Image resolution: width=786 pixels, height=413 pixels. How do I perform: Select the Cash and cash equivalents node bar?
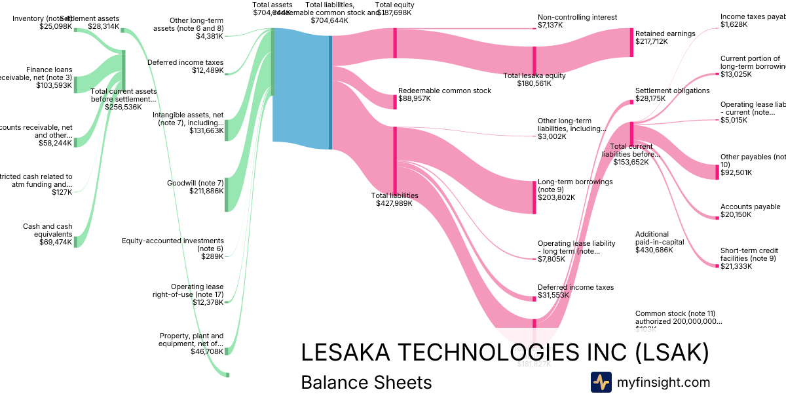(75, 234)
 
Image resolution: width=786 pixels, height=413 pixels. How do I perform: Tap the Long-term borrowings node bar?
(534, 197)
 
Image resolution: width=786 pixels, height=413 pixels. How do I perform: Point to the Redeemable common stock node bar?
(395, 102)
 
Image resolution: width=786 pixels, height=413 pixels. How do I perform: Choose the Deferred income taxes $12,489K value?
(208, 71)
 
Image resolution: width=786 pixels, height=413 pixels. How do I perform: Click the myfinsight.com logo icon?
(601, 382)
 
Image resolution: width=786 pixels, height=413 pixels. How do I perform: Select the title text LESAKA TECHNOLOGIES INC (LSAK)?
(504, 353)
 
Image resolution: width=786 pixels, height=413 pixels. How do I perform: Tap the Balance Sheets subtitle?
(366, 382)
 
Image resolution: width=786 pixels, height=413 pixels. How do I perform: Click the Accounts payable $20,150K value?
(736, 214)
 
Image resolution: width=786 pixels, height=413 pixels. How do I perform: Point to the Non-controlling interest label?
(577, 17)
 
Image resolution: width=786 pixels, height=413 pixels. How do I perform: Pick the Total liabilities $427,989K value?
(394, 203)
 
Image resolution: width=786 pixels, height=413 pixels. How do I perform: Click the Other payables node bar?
(717, 172)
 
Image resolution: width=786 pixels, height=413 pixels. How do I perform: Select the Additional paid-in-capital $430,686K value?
(654, 250)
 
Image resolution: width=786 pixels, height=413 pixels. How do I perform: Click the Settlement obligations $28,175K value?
(650, 99)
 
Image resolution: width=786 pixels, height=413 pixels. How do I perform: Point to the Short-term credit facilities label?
(748, 254)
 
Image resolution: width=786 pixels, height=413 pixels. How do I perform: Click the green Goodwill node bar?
(226, 195)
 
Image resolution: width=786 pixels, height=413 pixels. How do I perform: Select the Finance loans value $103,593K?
(54, 85)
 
